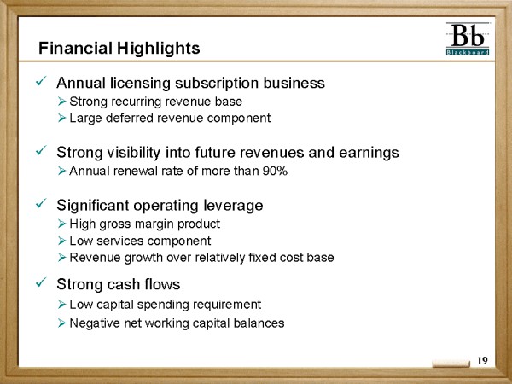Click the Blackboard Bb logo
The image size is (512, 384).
468,39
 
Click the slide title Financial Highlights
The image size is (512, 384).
119,49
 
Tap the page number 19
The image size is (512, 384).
482,360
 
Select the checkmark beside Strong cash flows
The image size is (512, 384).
42,282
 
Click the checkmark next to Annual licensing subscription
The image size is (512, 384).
42,81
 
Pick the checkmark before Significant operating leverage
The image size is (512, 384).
42,203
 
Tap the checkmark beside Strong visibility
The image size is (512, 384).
42,150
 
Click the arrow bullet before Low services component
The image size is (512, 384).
62,241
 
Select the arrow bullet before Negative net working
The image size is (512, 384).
62,323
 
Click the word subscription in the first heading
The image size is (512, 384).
217,84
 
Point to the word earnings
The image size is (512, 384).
369,153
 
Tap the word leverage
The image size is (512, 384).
233,206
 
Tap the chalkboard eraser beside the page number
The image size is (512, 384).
451,364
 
